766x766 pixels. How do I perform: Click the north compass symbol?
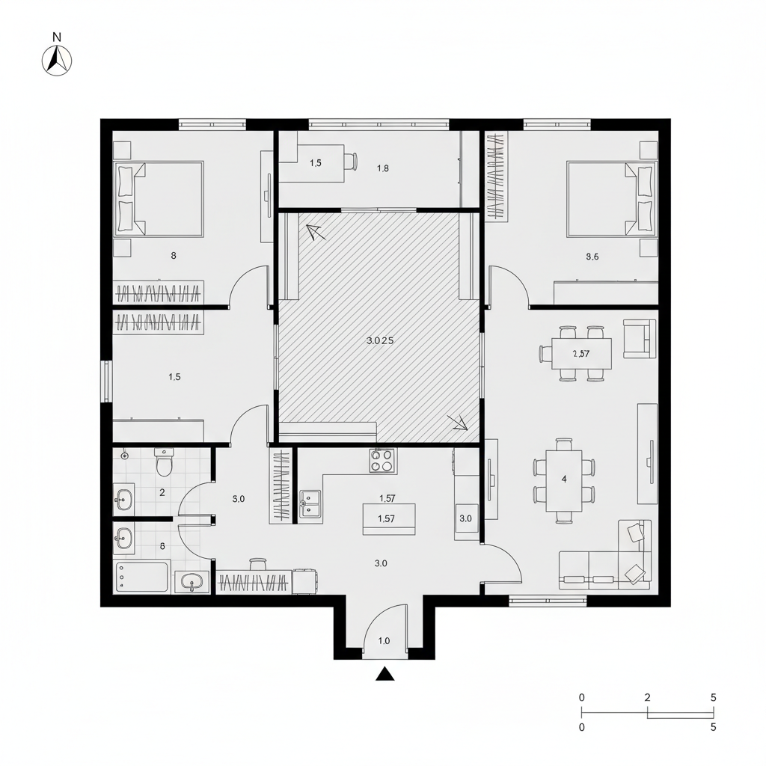point(57,61)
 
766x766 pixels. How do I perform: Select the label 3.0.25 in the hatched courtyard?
point(380,340)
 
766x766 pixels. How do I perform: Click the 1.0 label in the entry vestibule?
point(384,640)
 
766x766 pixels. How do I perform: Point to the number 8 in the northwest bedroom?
point(174,255)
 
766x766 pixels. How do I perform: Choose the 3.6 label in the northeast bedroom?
point(592,257)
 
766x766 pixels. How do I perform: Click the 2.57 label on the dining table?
point(581,355)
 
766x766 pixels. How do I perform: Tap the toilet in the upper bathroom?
point(164,464)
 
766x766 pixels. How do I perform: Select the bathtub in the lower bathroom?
point(141,577)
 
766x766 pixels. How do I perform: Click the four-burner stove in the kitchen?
point(382,460)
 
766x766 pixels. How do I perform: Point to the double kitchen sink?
point(310,503)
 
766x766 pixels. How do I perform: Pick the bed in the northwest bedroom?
point(159,199)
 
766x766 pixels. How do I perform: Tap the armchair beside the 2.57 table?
point(640,337)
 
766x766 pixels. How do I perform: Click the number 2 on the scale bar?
point(647,697)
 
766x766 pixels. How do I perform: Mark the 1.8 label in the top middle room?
point(383,168)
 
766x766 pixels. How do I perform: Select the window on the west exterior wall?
point(106,382)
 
